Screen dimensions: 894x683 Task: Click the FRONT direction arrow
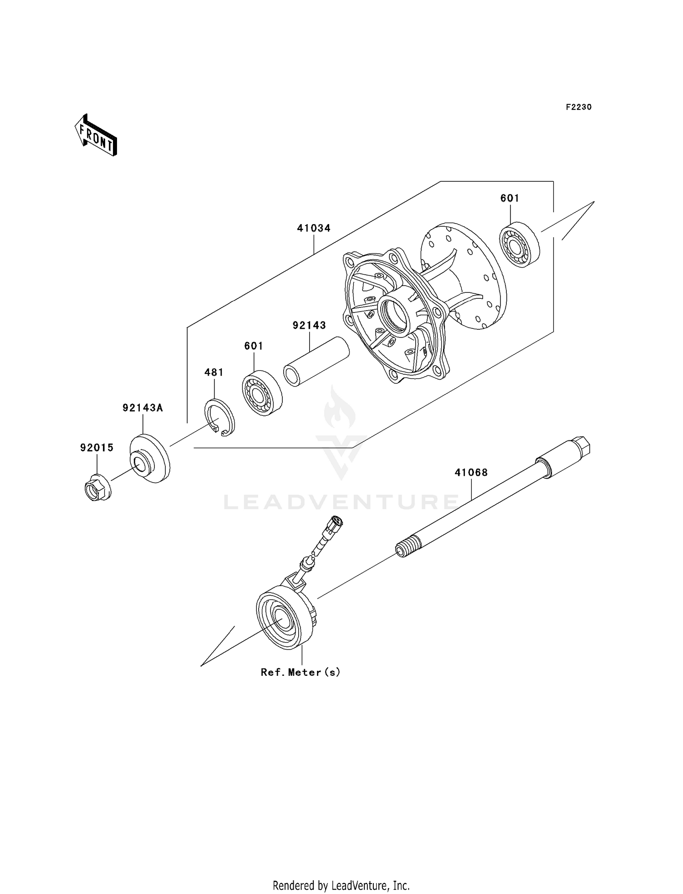click(x=96, y=135)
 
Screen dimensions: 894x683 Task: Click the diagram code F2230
click(x=578, y=107)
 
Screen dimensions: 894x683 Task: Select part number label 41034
click(x=314, y=228)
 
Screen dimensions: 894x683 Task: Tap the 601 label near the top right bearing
click(x=510, y=198)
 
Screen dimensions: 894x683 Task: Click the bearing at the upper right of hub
click(x=520, y=245)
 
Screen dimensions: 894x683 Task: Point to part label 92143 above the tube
click(x=309, y=325)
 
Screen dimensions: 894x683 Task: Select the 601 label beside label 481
click(x=254, y=346)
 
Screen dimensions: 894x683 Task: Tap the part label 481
click(x=214, y=372)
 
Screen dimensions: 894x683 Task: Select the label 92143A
click(x=143, y=408)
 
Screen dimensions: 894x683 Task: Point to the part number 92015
click(x=97, y=448)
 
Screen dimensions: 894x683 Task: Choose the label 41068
click(x=471, y=473)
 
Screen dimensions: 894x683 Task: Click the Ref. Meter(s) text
click(x=301, y=672)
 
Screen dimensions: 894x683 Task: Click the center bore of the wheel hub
click(x=395, y=313)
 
